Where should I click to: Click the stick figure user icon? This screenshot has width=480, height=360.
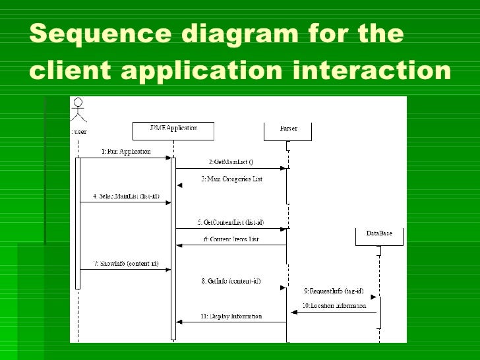click(x=79, y=110)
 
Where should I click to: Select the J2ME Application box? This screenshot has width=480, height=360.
click(x=173, y=131)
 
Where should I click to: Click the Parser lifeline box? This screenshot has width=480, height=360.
click(x=288, y=131)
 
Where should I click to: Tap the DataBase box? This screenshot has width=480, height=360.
click(x=378, y=237)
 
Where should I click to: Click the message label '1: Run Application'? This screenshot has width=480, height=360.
click(x=126, y=152)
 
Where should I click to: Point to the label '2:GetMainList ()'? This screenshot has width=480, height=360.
click(x=231, y=162)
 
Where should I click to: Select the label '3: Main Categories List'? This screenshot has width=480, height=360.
click(x=231, y=179)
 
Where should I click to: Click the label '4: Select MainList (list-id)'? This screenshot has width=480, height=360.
click(x=125, y=196)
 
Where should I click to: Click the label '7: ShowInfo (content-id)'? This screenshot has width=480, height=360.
click(x=125, y=263)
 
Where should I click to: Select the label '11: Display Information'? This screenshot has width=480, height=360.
click(x=231, y=316)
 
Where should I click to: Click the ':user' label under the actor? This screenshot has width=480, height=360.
click(x=79, y=131)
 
